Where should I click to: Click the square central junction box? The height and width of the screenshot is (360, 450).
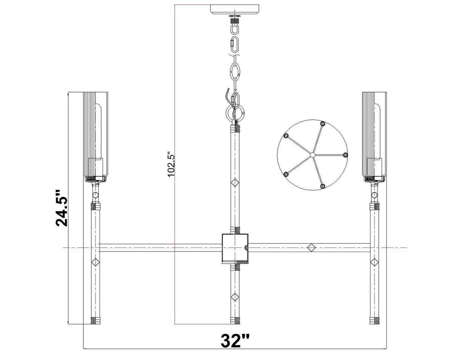(235, 248)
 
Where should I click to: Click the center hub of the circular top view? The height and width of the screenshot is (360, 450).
(312, 155)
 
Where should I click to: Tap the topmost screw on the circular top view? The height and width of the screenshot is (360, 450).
(322, 123)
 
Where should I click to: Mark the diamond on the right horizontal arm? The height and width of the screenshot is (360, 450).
(310, 247)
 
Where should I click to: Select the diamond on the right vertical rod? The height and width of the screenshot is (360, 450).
(374, 262)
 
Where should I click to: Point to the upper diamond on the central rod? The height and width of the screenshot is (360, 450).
(235, 182)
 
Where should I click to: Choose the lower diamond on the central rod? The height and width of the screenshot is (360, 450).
(235, 297)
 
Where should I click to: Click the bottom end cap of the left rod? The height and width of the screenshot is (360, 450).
(95, 321)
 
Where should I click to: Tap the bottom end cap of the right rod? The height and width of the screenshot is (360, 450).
(374, 321)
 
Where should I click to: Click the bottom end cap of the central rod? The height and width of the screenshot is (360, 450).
(235, 321)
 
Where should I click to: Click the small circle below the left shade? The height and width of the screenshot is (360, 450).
(95, 195)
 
